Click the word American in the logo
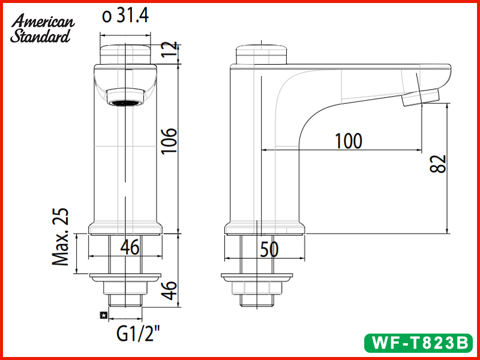click(x=43, y=22)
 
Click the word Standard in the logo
click(x=40, y=35)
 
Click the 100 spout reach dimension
click(x=348, y=141)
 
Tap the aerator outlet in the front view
click(x=125, y=97)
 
